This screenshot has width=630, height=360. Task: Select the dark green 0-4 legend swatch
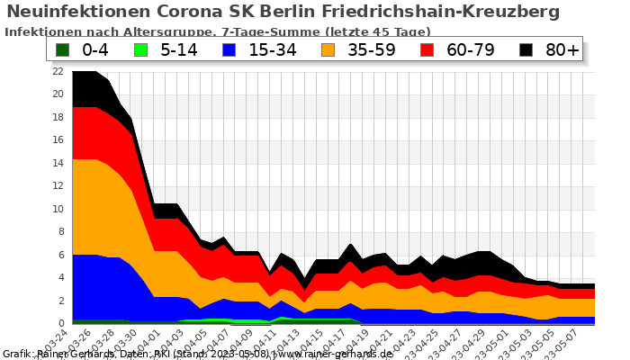point(63,49)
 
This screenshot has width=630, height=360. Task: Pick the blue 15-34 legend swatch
point(232,49)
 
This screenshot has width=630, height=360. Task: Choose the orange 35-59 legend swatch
point(330,49)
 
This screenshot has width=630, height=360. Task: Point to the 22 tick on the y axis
point(58,71)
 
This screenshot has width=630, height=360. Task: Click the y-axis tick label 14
point(58,163)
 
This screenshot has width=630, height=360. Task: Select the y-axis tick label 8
point(60,231)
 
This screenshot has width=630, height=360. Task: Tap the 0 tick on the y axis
point(60,323)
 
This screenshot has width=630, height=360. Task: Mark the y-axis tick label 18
point(58,117)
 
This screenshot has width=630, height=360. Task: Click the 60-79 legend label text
point(471,49)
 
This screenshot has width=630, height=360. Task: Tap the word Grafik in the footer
point(18,354)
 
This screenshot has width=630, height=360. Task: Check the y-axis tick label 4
point(60,277)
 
